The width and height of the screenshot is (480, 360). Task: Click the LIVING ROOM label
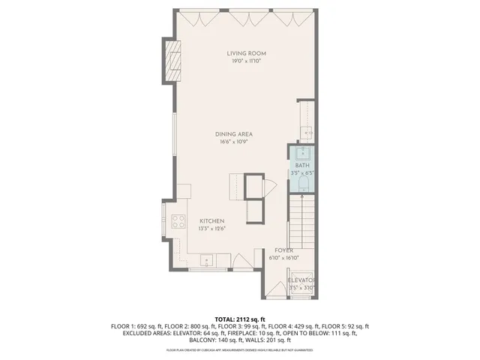point(247,53)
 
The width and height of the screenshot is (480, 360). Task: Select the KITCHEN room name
point(211,221)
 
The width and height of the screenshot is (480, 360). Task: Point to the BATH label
point(301,165)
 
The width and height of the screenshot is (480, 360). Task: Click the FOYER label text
point(283,250)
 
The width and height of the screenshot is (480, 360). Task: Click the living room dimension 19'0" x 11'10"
point(247,61)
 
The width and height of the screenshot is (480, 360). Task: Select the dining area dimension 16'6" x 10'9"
point(234,141)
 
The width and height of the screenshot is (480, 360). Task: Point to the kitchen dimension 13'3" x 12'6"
point(211,229)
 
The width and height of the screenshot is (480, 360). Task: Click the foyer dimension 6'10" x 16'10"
point(283,258)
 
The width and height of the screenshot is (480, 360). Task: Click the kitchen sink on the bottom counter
point(205,261)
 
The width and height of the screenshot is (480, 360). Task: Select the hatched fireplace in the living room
point(172,58)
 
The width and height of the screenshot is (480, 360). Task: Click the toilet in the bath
point(304,182)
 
